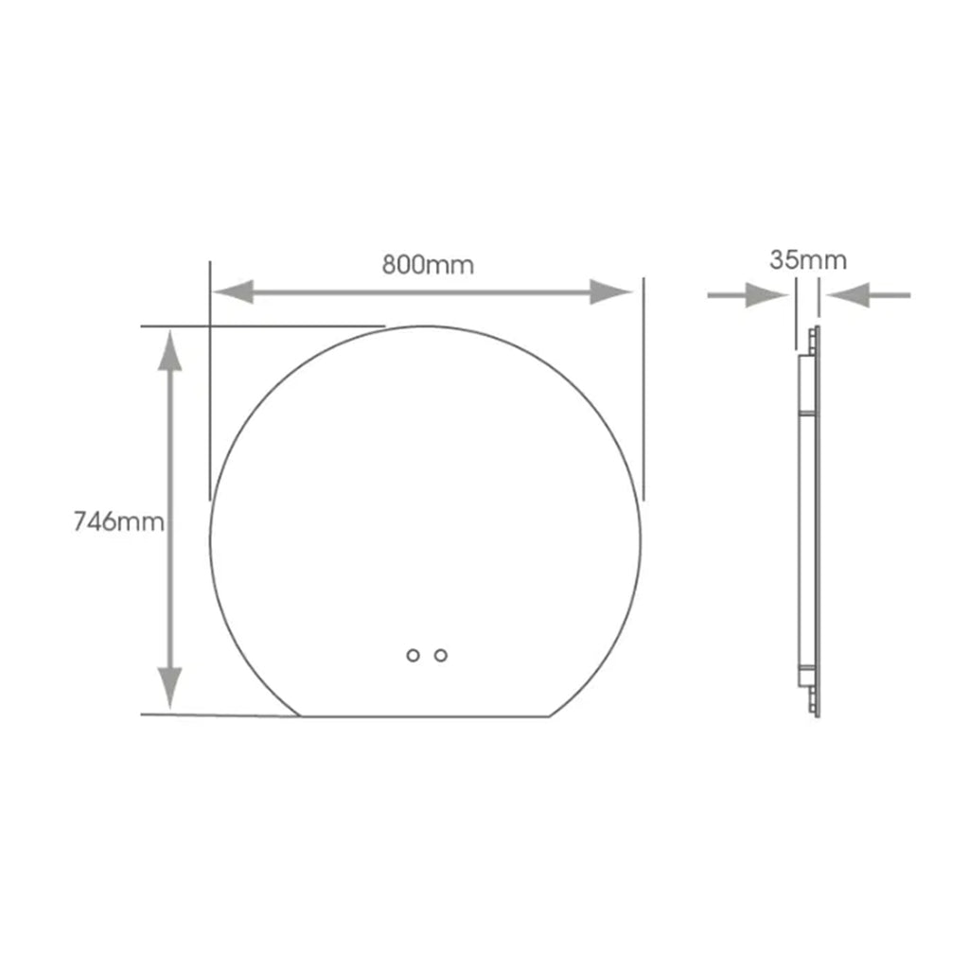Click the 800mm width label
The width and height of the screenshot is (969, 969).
coord(428,265)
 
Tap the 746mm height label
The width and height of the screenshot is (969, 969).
coord(118,522)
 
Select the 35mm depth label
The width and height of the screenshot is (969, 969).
coord(808,260)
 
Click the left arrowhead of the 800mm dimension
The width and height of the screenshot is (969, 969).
coord(233,291)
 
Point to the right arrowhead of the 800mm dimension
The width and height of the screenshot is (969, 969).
coord(611,291)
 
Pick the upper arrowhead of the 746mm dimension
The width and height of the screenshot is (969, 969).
coord(170,350)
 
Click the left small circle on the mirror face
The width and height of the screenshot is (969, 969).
coord(413,655)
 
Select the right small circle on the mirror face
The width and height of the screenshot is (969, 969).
coord(441,655)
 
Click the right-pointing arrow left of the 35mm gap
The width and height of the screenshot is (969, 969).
coord(748,295)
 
